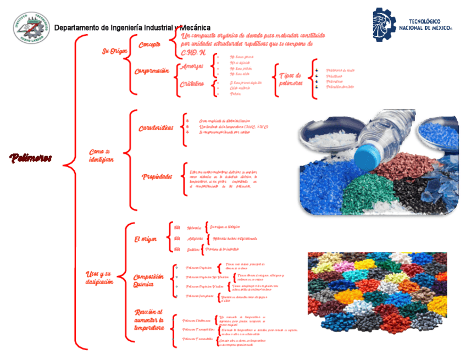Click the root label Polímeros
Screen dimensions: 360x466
click(30, 159)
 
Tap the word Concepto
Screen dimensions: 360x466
click(149, 45)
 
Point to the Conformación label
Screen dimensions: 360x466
click(152, 71)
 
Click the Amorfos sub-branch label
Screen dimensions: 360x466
click(192, 67)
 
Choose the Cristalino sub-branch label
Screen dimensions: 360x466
click(192, 84)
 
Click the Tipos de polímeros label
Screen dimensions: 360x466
click(290, 79)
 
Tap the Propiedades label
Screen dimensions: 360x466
click(157, 177)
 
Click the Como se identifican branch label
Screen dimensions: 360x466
click(101, 155)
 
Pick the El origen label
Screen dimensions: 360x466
click(146, 239)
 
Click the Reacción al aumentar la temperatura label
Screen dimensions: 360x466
click(149, 320)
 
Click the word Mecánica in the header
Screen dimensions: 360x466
click(195, 27)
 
